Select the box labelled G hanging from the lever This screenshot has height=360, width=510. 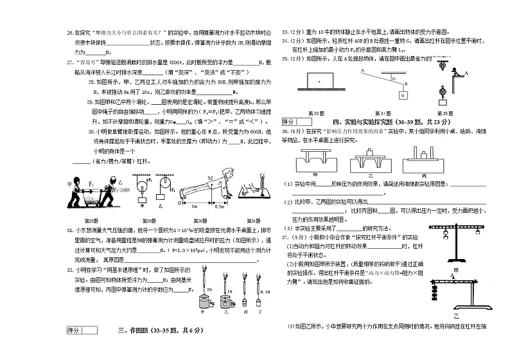point(401,95)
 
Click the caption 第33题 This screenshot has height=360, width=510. point(317,112)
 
